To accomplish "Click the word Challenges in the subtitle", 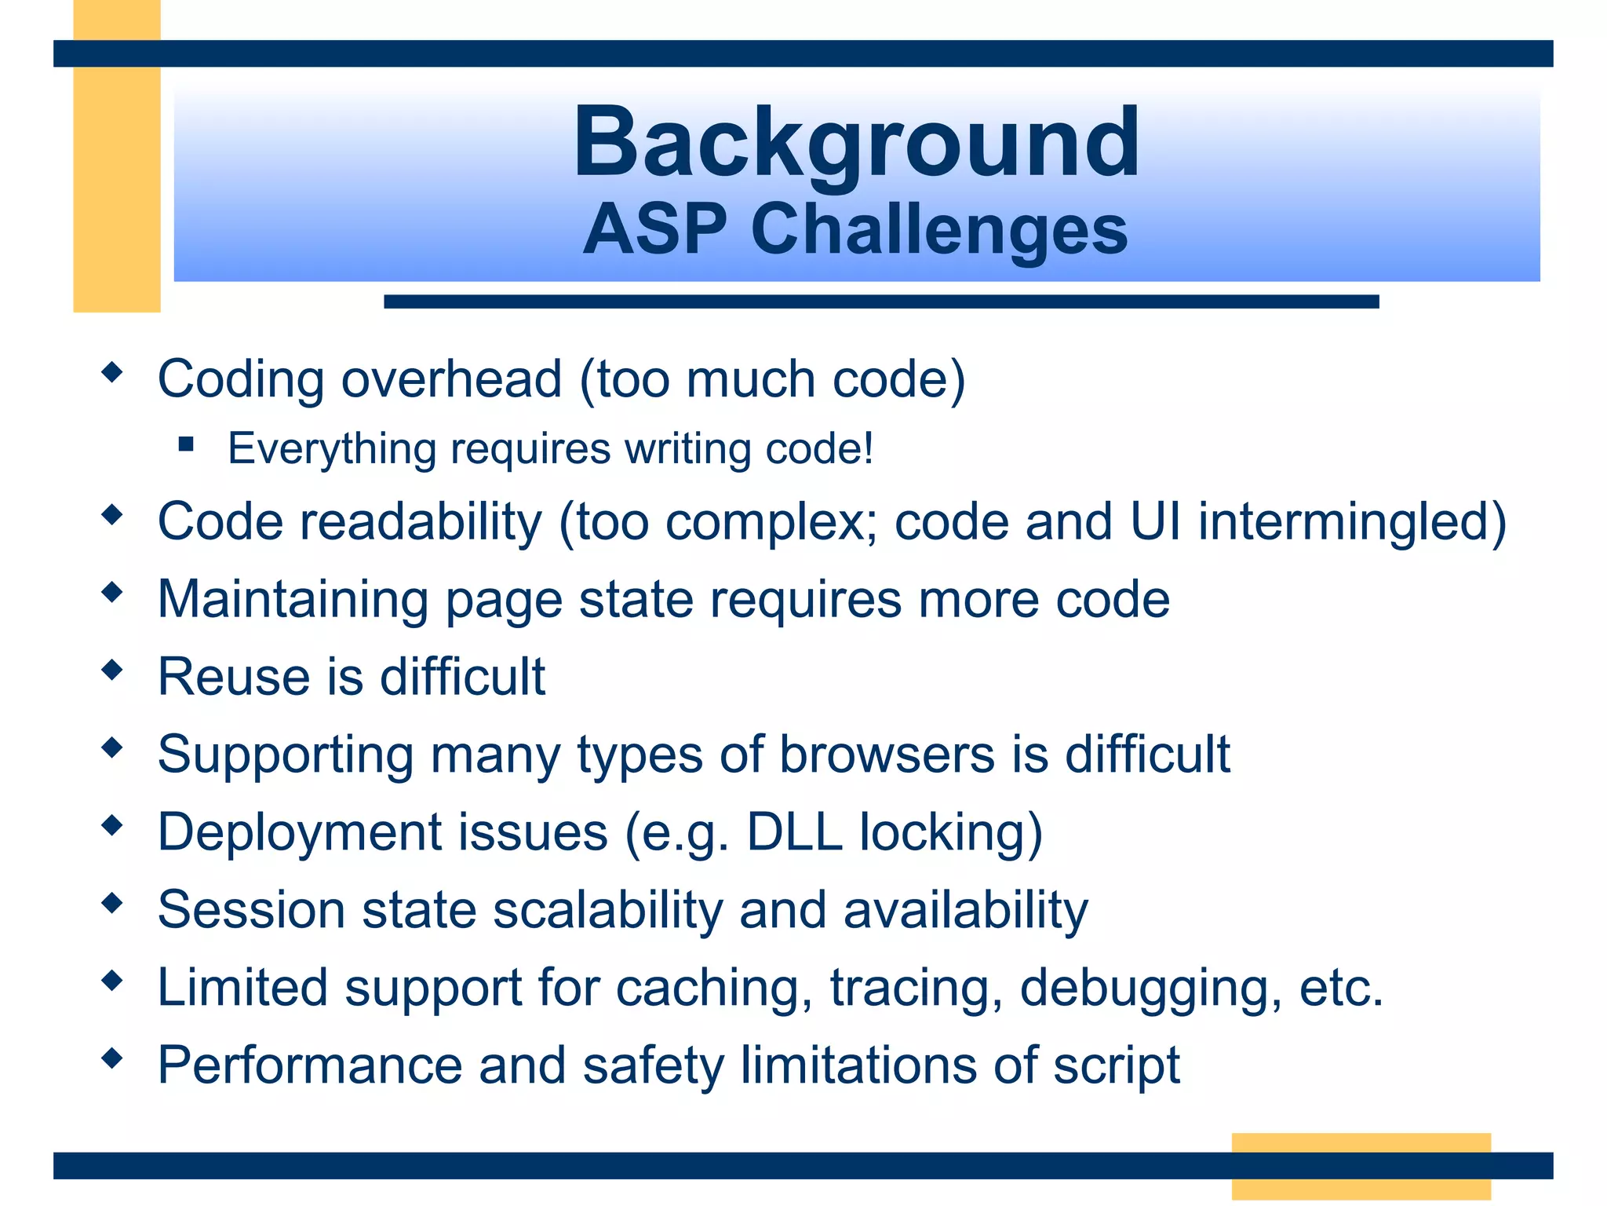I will coord(939,230).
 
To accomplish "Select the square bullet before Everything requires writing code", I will coord(186,445).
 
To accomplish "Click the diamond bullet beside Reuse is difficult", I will coord(113,670).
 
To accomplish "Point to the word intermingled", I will coord(1351,522).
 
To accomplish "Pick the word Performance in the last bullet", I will coord(310,1065).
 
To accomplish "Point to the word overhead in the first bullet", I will coord(451,379).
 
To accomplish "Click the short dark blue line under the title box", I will coord(881,301).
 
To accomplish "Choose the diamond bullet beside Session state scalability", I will coord(113,903).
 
